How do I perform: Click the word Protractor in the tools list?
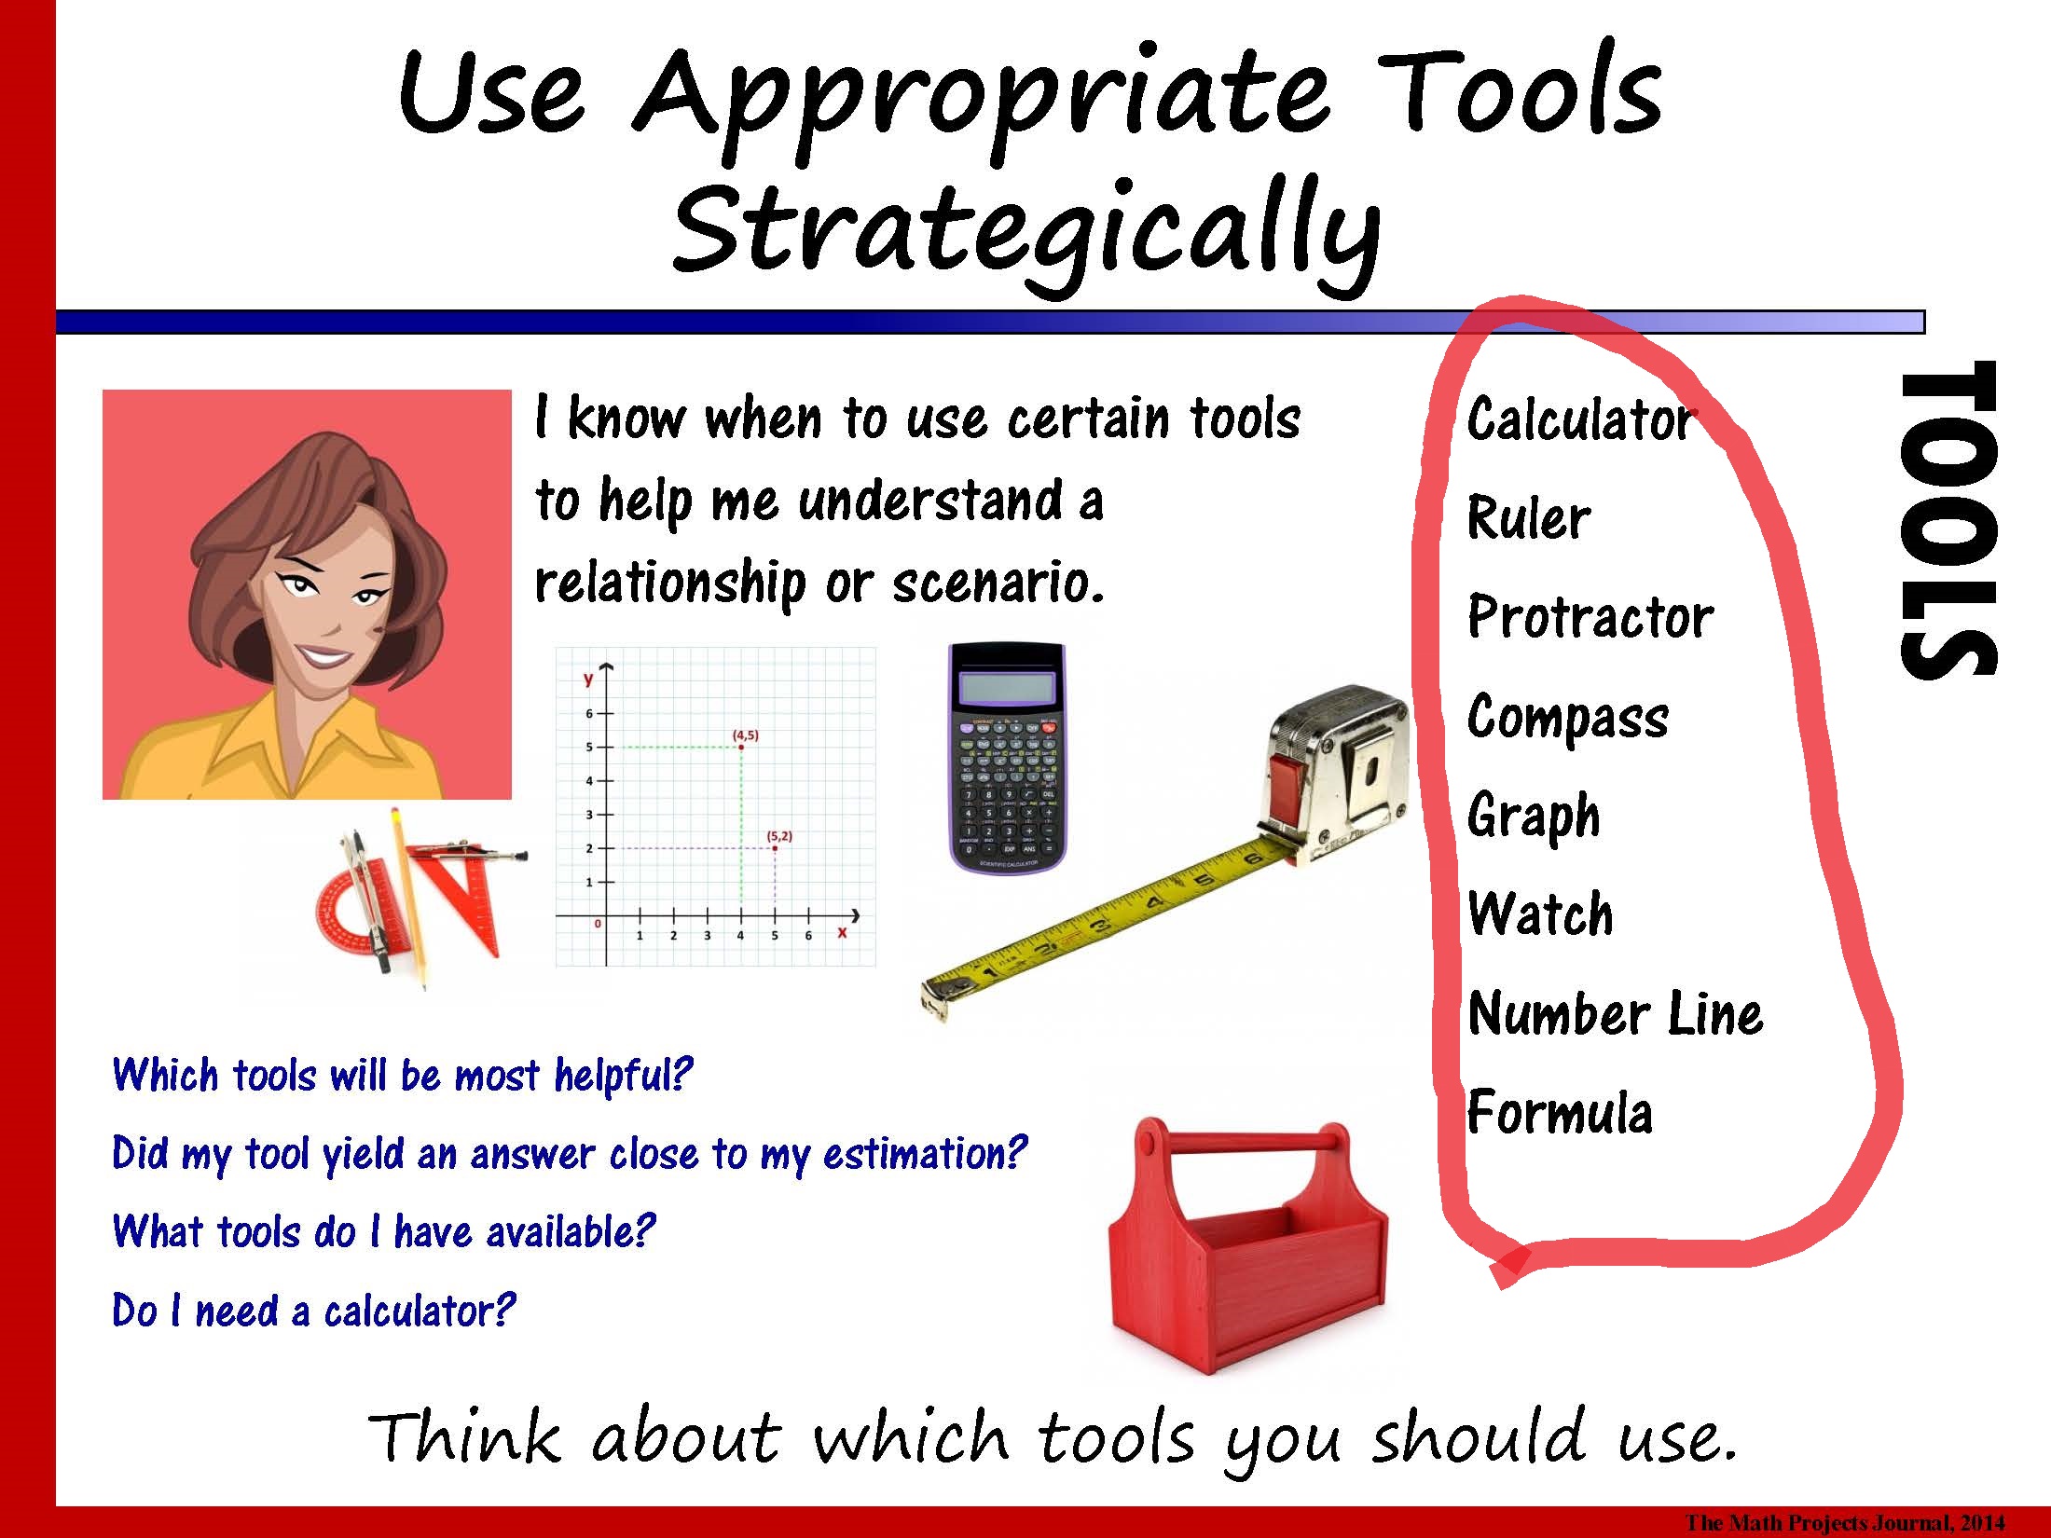(x=1590, y=616)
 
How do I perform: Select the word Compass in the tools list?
(x=1568, y=718)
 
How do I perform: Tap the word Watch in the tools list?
(x=1540, y=913)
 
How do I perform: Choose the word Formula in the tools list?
(x=1560, y=1112)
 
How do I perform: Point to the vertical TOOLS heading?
(x=1948, y=518)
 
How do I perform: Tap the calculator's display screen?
(x=1007, y=688)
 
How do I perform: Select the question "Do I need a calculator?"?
(x=313, y=1311)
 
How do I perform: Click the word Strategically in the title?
(x=1025, y=233)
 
